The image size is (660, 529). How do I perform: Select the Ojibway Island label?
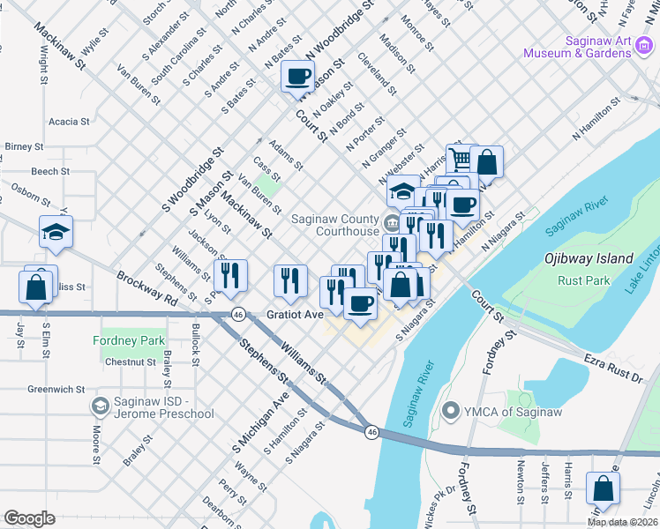tap(588, 258)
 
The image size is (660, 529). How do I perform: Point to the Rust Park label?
tap(584, 280)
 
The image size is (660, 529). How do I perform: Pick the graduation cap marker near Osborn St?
tap(56, 232)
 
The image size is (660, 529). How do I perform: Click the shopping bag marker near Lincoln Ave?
tap(603, 488)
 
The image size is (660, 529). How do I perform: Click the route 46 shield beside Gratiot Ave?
tap(238, 314)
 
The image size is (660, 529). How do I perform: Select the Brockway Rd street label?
tap(146, 287)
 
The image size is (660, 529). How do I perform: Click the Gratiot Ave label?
tap(296, 315)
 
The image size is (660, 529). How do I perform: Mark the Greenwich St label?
tap(55, 389)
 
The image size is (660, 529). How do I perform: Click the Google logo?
tap(29, 518)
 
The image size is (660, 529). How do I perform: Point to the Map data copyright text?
tap(622, 522)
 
